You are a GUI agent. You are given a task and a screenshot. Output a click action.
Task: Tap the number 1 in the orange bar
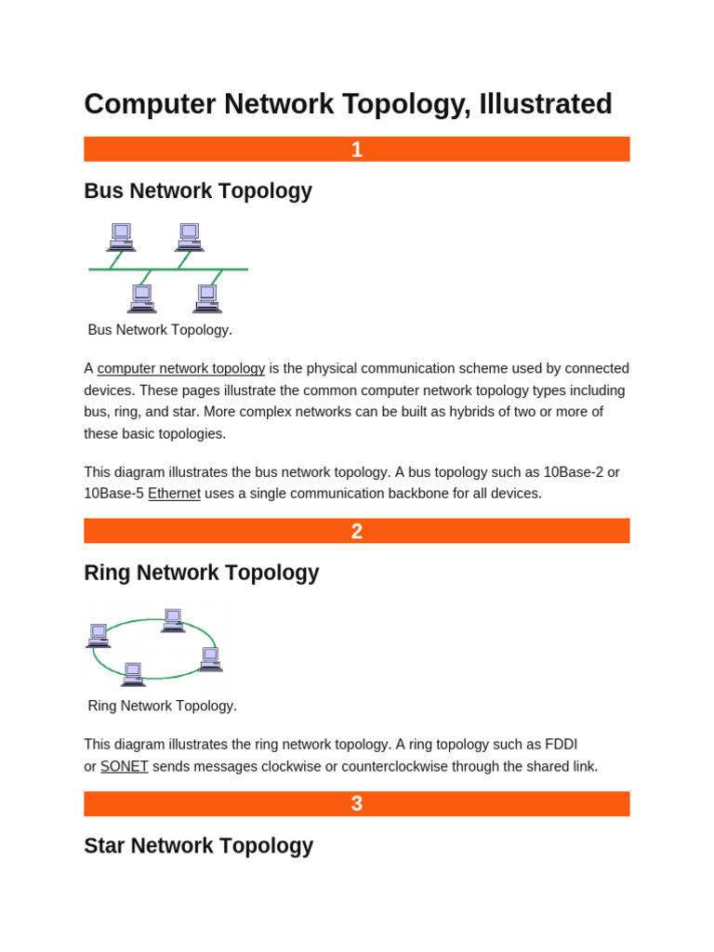click(357, 150)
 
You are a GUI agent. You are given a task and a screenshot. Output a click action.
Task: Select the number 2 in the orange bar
click(357, 532)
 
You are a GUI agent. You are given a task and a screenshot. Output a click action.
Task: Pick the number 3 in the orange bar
click(357, 804)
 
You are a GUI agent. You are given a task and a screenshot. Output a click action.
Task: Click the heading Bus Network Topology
click(198, 192)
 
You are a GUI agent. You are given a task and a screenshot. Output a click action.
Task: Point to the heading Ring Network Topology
click(202, 573)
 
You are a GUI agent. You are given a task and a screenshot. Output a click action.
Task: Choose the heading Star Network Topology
click(199, 846)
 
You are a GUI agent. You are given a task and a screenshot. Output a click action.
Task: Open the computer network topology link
click(181, 368)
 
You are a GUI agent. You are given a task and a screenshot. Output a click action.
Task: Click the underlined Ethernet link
click(174, 494)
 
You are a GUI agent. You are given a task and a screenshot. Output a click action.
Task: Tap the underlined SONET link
click(125, 767)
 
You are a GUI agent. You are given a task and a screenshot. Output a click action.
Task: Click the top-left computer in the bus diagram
click(121, 237)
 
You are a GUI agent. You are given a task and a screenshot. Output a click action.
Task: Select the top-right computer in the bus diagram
click(190, 237)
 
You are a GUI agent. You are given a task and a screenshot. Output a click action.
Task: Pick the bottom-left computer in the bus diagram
click(141, 298)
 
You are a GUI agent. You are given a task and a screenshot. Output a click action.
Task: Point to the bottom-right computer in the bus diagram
click(207, 298)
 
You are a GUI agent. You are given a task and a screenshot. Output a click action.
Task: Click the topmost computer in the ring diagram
click(173, 620)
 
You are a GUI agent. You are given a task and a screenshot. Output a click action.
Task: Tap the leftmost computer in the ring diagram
click(99, 636)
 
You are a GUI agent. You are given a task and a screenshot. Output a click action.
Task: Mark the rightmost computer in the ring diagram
click(211, 659)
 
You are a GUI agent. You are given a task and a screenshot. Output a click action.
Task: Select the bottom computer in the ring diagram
click(133, 674)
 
